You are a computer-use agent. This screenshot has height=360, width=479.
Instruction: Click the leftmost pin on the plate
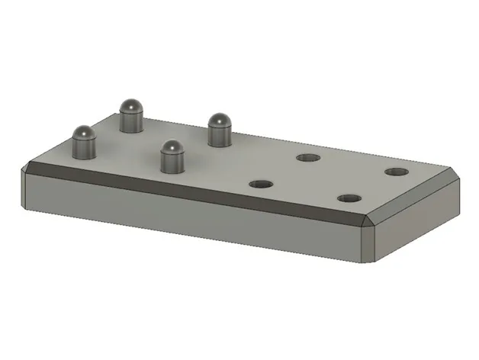(83, 143)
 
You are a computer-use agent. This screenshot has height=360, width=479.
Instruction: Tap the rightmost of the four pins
(220, 129)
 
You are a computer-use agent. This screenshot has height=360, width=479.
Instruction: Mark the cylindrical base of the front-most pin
(172, 162)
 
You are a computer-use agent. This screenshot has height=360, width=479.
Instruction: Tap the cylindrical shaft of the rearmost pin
(132, 122)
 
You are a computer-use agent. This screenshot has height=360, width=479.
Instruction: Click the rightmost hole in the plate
(395, 171)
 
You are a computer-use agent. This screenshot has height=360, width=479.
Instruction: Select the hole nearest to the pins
(261, 184)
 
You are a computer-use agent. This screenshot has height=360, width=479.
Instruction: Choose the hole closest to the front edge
(350, 198)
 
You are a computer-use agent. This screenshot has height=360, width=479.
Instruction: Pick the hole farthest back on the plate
(308, 158)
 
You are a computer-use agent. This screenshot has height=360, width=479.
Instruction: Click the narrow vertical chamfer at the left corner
(24, 190)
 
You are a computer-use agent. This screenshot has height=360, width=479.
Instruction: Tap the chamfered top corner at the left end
(31, 166)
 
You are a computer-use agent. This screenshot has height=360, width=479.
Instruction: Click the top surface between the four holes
(328, 178)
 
